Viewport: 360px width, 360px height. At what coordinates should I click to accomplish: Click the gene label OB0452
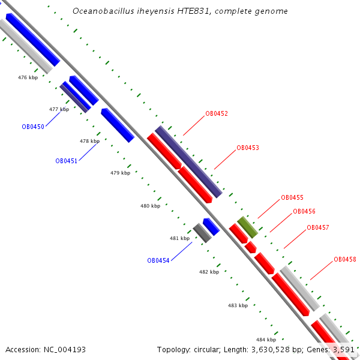(217, 113)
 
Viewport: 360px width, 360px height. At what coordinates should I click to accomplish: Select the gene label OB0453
(248, 148)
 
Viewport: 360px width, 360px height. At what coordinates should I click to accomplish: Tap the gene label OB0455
(292, 198)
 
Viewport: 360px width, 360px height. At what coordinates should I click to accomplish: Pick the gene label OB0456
(304, 212)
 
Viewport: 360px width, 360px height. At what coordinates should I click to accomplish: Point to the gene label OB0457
(318, 228)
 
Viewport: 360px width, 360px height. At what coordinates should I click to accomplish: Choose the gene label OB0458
(345, 260)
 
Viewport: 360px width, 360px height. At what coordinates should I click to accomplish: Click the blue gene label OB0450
(33, 127)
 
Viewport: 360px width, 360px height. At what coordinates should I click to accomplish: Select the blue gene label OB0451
(66, 161)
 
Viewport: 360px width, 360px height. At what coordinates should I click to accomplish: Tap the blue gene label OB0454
(158, 260)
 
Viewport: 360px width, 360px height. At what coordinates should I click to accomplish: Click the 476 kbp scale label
(28, 77)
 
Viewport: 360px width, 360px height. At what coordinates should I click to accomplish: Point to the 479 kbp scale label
(120, 173)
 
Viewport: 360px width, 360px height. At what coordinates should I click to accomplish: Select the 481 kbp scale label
(179, 238)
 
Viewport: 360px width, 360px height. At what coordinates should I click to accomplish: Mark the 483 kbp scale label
(238, 305)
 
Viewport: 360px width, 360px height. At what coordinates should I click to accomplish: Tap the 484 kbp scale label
(266, 340)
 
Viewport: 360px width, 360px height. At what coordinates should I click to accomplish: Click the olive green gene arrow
(247, 227)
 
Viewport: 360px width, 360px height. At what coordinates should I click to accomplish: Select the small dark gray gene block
(202, 233)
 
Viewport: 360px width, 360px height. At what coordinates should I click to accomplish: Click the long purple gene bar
(188, 161)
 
